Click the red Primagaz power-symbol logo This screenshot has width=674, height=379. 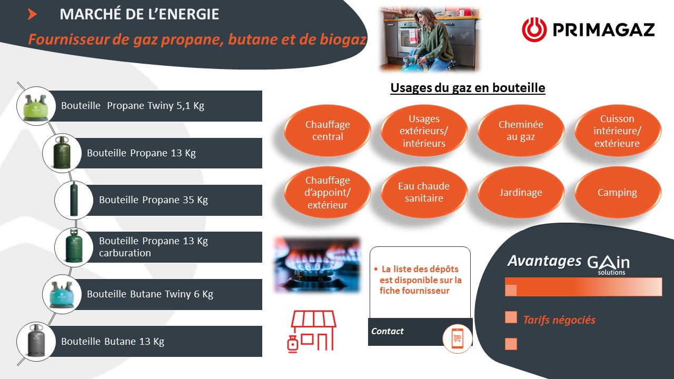click(534, 29)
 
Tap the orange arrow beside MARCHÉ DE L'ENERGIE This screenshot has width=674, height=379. click(32, 14)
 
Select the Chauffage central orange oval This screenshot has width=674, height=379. click(328, 130)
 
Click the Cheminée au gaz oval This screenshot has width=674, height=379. click(521, 130)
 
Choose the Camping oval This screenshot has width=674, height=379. click(618, 192)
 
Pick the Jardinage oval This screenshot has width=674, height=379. click(521, 192)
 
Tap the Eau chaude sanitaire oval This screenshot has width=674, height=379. click(424, 192)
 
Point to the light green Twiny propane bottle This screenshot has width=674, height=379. click(36, 107)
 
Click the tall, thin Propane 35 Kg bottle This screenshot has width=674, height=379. click(74, 199)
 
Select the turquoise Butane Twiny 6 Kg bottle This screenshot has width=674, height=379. click(62, 295)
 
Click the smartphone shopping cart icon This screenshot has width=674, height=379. click(457, 338)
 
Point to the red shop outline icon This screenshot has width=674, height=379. click(312, 331)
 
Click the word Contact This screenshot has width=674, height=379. click(387, 331)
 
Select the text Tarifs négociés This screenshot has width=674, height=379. click(559, 320)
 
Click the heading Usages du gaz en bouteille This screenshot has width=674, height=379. click(468, 88)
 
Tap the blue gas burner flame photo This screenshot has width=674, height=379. click(317, 265)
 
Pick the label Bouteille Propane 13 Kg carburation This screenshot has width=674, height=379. click(153, 247)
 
